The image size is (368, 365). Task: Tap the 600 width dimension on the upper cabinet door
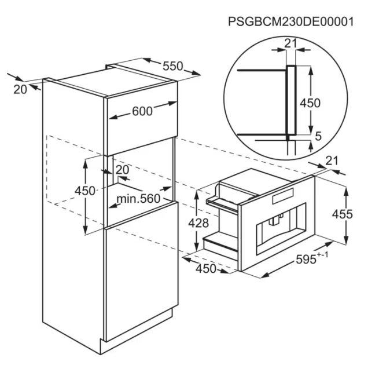click(142, 112)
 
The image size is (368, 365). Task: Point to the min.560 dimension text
click(137, 199)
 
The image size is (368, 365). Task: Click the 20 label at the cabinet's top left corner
click(19, 88)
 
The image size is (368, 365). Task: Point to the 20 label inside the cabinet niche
click(122, 169)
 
